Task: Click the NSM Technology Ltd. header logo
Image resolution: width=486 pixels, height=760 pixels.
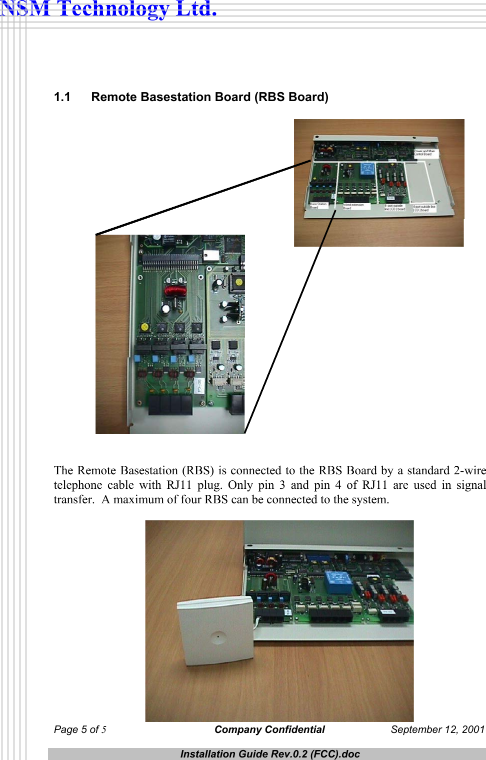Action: click(x=108, y=9)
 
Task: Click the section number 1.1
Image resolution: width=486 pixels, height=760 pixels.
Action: click(x=62, y=97)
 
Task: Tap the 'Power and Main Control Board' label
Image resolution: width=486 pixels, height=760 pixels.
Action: click(x=424, y=153)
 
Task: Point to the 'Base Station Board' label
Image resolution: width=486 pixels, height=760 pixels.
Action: click(x=318, y=206)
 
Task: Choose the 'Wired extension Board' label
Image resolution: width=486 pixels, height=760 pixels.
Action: click(x=353, y=206)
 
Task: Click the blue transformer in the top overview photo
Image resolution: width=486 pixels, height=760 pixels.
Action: click(x=367, y=171)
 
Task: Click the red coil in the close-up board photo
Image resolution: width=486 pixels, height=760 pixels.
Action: click(x=175, y=290)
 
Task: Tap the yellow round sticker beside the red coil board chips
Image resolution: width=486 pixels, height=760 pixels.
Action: click(x=144, y=327)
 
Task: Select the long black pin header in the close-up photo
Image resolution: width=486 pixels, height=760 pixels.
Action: click(x=170, y=261)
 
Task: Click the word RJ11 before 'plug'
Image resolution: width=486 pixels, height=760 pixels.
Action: click(x=179, y=485)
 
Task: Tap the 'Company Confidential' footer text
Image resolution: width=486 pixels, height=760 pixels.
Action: click(x=269, y=729)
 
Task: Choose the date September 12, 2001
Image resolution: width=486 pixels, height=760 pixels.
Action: click(x=437, y=729)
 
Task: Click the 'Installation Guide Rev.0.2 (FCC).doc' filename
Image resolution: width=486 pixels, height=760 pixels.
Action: click(x=270, y=754)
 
